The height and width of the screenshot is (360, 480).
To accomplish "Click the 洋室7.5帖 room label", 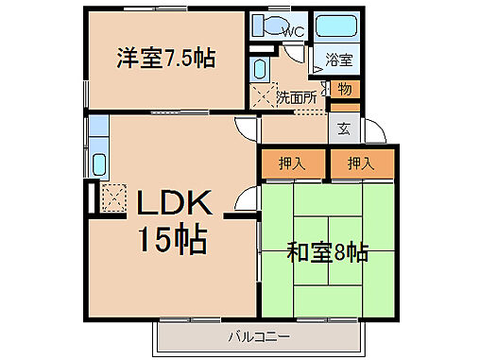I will click(x=165, y=59).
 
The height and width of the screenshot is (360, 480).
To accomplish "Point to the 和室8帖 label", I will click(x=327, y=253).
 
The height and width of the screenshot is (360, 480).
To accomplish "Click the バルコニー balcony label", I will click(x=256, y=335).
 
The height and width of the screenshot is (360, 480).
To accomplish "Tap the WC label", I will click(x=293, y=31).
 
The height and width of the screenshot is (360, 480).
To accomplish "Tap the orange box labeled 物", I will click(x=343, y=90).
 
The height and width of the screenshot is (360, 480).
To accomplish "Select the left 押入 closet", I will click(x=292, y=163).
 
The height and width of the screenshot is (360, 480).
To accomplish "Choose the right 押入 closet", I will click(x=360, y=163).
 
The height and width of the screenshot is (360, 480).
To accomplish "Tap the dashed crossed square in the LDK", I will click(x=114, y=197).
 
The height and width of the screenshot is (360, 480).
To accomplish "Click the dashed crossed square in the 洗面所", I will click(x=261, y=95).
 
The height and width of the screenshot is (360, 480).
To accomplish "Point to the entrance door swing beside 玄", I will click(x=372, y=130).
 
